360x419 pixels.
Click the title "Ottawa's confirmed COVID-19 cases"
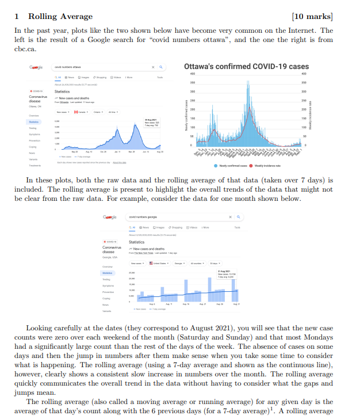click(x=247, y=67)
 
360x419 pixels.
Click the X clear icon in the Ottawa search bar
click(x=152, y=68)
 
